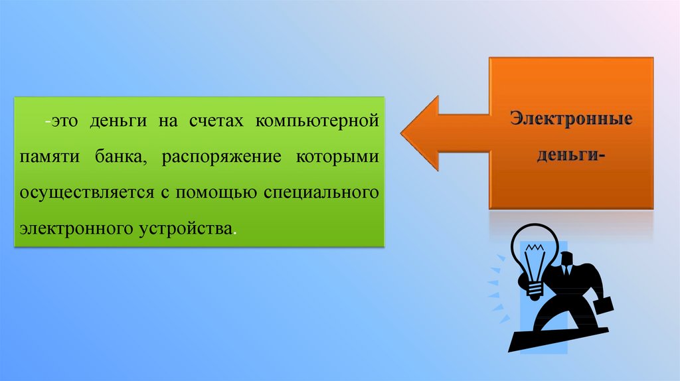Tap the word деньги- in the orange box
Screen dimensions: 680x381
[571, 155]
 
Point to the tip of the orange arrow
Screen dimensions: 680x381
[401, 133]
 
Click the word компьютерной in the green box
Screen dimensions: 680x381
[317, 121]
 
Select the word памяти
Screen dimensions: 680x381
[49, 156]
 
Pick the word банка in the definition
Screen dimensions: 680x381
[121, 157]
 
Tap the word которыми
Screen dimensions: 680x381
[337, 157]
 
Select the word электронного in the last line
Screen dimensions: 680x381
[76, 229]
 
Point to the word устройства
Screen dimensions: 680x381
[186, 229]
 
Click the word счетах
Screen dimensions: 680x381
[216, 121]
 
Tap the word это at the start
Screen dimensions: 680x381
[65, 121]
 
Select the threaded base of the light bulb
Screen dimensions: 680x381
[535, 290]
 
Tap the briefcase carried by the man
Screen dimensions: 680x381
[604, 308]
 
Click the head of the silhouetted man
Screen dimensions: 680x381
[568, 260]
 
